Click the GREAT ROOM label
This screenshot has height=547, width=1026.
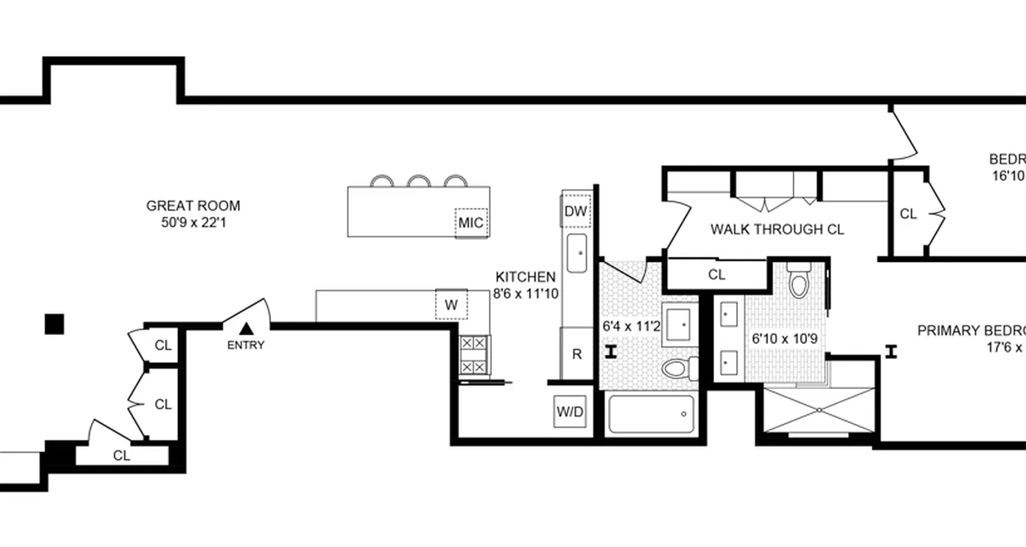[193, 206]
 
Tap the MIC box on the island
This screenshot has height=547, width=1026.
[471, 223]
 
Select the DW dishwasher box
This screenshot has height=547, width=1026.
[575, 211]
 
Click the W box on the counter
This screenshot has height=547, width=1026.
[451, 305]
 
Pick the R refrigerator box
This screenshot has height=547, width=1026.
[577, 354]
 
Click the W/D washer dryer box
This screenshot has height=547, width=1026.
[570, 412]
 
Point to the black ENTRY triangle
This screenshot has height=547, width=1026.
[246, 330]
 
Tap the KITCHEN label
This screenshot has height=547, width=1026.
[525, 277]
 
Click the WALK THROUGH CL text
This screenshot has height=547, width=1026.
[776, 229]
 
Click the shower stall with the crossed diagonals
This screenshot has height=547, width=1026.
[819, 410]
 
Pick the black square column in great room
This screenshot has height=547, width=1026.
[54, 324]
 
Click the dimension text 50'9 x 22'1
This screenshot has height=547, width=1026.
[193, 222]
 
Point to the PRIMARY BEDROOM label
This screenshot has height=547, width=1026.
[971, 331]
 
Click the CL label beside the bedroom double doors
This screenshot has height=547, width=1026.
[908, 214]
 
